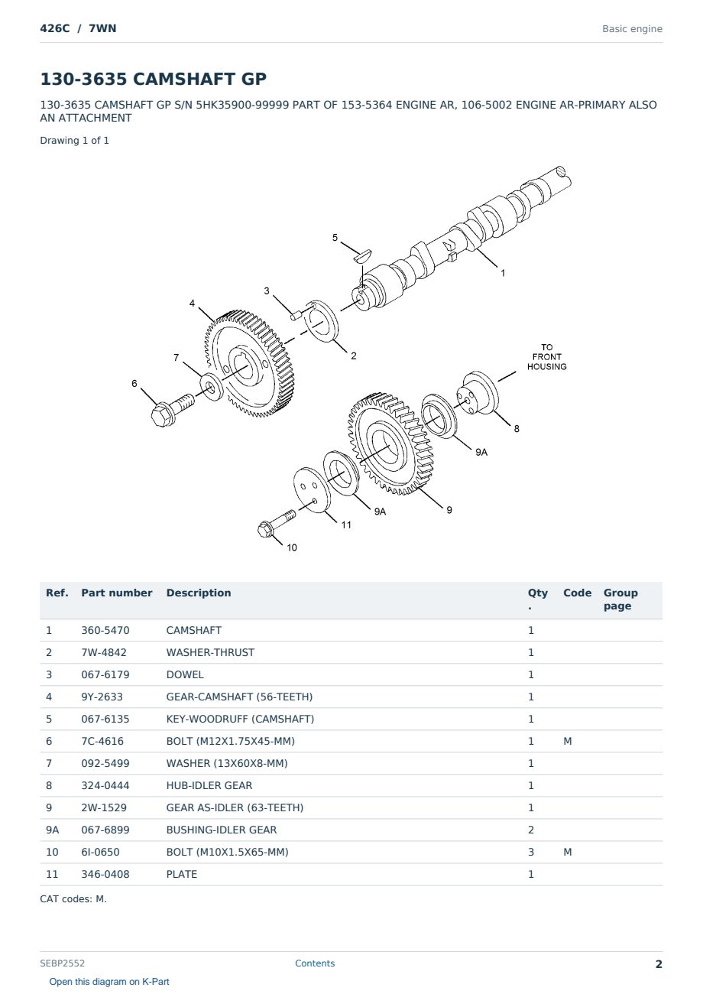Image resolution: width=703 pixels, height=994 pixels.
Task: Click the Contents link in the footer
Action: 315,963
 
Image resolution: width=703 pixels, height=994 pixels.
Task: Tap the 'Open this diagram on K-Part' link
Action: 109,981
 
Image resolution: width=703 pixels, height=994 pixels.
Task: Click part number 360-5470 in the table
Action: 105,630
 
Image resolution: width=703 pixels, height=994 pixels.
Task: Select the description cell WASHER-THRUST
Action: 210,652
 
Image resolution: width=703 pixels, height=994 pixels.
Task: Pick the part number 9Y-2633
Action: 102,697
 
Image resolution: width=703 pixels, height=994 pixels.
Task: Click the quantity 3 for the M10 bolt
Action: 531,852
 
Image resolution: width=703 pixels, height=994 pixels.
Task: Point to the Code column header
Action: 577,593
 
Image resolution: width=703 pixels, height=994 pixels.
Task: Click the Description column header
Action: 198,593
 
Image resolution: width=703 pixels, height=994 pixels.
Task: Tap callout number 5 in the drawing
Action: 335,238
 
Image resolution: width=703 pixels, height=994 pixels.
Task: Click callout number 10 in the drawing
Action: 292,547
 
